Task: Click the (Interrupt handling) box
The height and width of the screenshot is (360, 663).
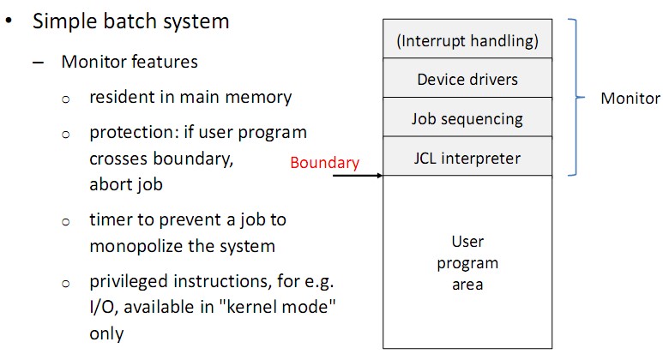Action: (x=467, y=39)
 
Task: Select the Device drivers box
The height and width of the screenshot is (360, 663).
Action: (x=467, y=79)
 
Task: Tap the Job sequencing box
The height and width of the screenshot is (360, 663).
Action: (x=467, y=118)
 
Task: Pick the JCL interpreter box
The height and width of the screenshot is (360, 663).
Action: (x=467, y=158)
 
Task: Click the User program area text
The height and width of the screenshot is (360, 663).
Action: (x=467, y=263)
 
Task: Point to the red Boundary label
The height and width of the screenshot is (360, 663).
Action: (x=324, y=163)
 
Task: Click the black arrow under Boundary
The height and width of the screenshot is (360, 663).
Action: (x=357, y=176)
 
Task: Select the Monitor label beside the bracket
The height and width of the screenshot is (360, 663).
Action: (x=630, y=99)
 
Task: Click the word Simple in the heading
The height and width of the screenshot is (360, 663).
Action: (x=63, y=22)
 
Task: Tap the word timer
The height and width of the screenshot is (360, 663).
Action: (x=109, y=219)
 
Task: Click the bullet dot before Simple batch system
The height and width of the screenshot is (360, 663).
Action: (x=9, y=21)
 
